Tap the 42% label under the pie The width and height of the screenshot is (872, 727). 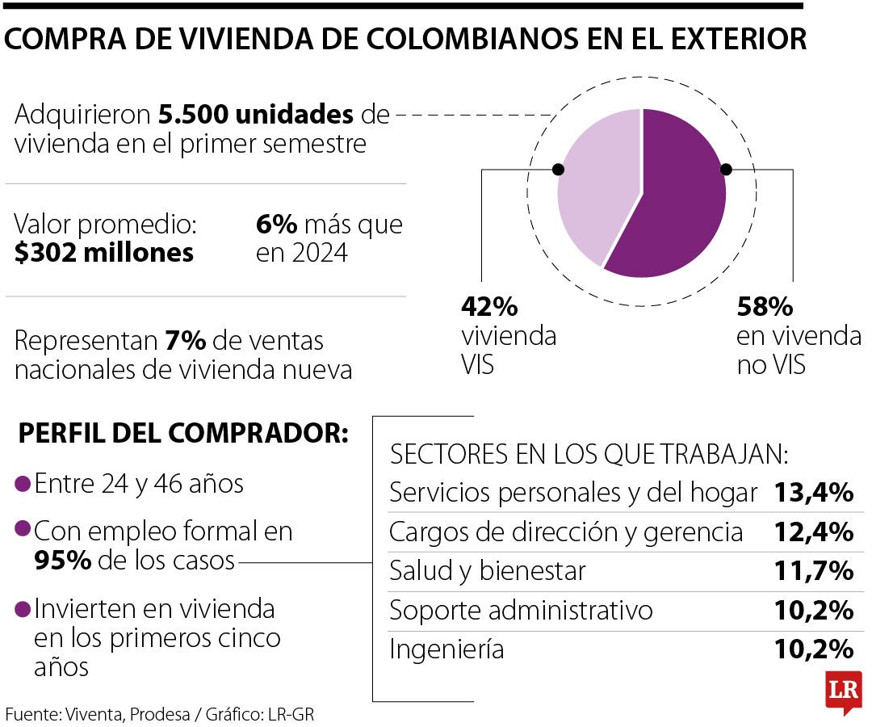[488, 308]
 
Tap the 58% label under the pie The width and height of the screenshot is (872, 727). [765, 308]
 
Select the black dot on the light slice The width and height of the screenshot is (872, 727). [557, 170]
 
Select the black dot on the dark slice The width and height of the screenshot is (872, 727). [726, 170]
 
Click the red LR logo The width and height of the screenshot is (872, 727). [843, 691]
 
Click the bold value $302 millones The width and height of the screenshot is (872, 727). [104, 253]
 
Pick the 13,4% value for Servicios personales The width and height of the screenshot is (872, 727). [814, 492]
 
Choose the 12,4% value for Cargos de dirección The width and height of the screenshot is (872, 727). [814, 532]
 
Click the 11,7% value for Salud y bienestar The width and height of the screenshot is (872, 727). [814, 571]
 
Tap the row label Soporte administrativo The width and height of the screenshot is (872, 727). [521, 610]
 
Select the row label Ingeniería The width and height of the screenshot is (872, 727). [446, 649]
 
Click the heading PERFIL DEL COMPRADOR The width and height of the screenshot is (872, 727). [182, 433]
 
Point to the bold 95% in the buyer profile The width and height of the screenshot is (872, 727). [62, 561]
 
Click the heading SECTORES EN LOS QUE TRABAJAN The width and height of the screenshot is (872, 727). [589, 454]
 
